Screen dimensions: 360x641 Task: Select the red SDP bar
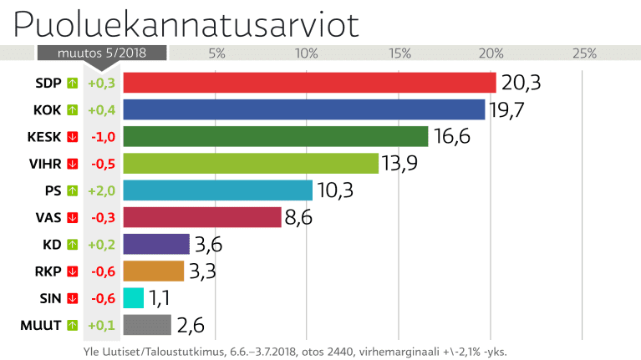[310, 83]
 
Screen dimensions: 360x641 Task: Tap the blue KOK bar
[304, 109]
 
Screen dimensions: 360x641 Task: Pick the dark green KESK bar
[276, 136]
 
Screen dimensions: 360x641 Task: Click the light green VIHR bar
[251, 163]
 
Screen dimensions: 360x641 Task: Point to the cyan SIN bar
[133, 297]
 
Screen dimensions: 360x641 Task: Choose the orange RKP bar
[153, 271]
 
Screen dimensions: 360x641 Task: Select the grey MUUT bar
[147, 324]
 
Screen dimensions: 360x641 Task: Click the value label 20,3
[522, 83]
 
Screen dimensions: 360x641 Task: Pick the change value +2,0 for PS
[101, 190]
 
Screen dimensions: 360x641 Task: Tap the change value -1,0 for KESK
[101, 136]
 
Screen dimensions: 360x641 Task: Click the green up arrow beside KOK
[72, 109]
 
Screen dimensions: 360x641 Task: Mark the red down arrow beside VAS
[72, 217]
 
